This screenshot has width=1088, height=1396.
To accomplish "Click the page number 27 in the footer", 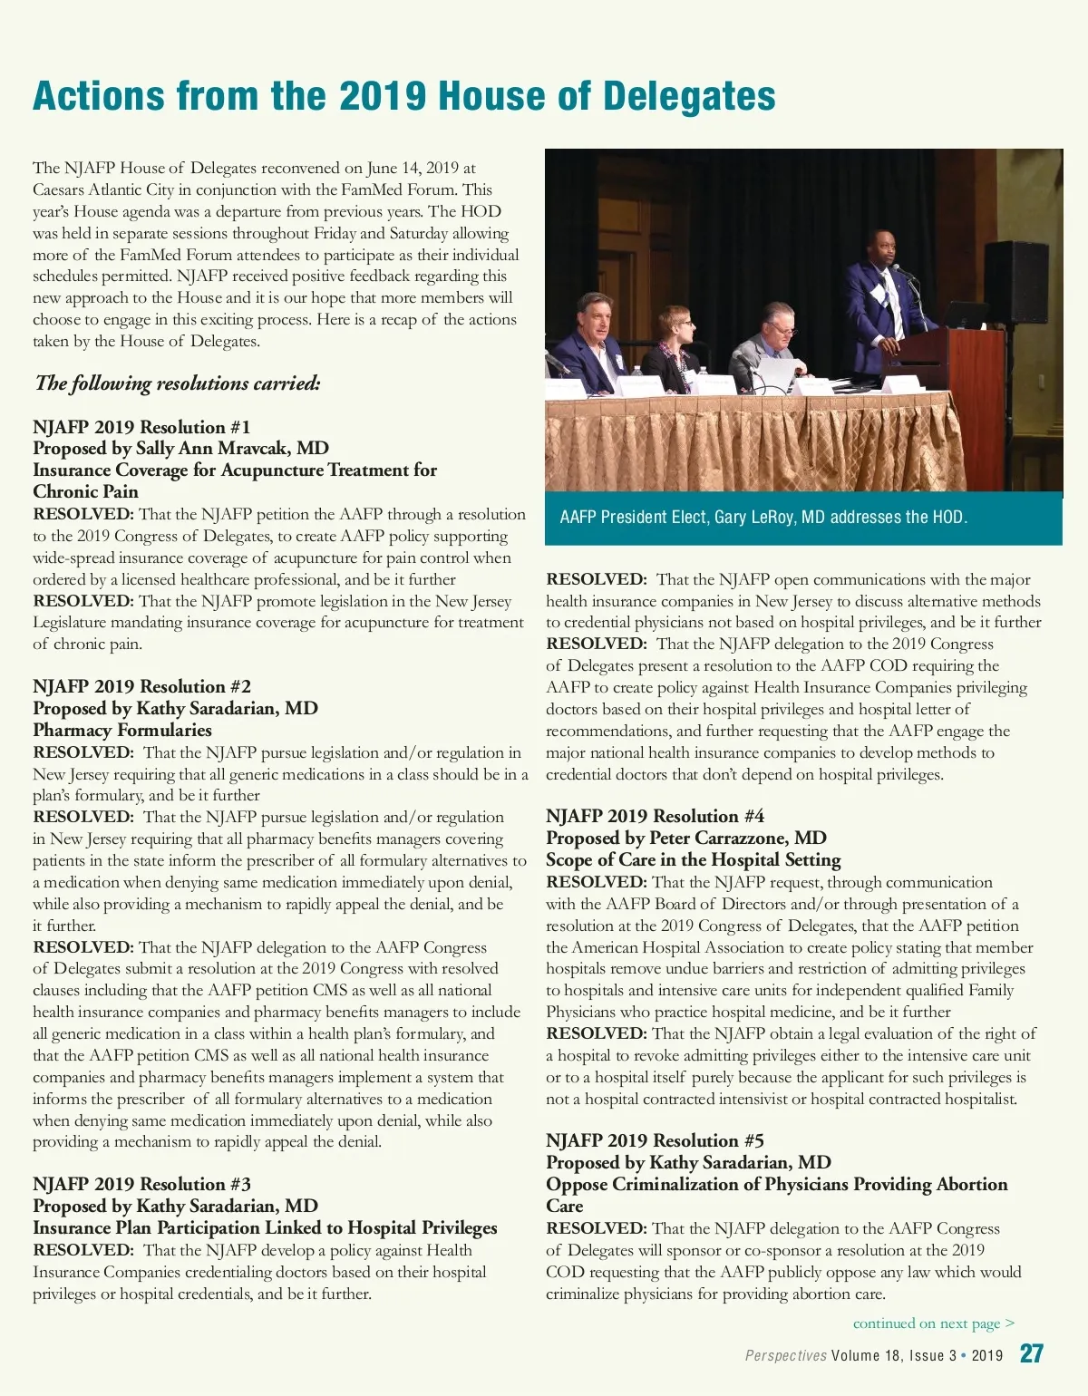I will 1031,1354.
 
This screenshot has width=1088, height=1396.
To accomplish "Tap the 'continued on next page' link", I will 933,1323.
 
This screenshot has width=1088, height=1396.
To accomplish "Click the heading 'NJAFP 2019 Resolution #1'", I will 141,427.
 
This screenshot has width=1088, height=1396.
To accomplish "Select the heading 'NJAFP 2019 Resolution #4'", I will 655,816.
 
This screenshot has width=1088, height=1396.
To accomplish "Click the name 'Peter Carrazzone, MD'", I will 737,838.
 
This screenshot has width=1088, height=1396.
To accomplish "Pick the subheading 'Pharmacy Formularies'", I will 122,730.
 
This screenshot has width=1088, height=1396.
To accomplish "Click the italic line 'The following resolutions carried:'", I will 178,383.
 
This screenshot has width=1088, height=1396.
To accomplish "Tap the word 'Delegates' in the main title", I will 689,96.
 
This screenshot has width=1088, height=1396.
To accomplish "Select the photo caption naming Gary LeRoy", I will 763,518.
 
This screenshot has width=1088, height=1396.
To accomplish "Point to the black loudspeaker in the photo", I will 1016,283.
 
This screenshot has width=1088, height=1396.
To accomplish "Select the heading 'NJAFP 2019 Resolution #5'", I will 655,1140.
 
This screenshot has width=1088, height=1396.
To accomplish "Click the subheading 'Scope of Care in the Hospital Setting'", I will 693,859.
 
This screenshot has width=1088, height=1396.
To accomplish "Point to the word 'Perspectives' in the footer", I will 785,1356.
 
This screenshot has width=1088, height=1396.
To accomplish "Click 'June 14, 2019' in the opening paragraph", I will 413,168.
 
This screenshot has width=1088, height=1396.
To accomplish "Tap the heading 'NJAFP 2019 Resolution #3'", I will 141,1184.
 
